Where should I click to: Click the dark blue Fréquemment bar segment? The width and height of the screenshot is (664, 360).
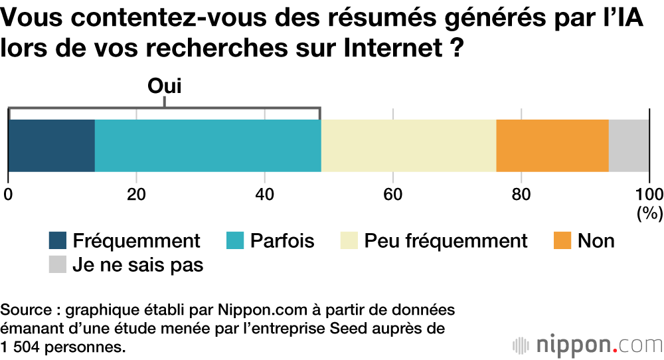point(51,145)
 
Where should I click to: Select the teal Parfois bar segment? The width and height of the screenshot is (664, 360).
point(208,145)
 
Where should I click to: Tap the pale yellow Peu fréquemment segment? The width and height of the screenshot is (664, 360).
point(408,145)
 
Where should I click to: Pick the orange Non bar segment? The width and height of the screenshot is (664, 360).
point(552,145)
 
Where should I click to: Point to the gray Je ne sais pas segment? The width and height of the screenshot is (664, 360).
point(629,145)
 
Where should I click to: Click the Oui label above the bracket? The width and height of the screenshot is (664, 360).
point(164,86)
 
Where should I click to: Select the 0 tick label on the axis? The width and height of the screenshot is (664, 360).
point(8,195)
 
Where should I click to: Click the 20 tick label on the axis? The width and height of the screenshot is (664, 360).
point(136,195)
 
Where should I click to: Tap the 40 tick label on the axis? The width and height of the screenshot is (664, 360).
point(265,195)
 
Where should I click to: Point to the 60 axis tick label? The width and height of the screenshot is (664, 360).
point(393,195)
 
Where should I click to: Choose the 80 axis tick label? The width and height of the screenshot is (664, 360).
point(521,195)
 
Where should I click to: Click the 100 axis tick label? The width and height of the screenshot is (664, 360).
point(649,195)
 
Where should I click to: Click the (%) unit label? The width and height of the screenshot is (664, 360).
point(649,213)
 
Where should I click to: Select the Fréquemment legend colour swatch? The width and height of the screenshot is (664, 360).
point(58,241)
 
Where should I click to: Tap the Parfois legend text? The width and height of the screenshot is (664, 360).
point(282,240)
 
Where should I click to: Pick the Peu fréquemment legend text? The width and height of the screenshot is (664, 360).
point(446,240)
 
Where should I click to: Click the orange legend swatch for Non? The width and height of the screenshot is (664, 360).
point(562,241)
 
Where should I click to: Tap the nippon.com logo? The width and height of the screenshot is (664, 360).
point(588,345)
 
